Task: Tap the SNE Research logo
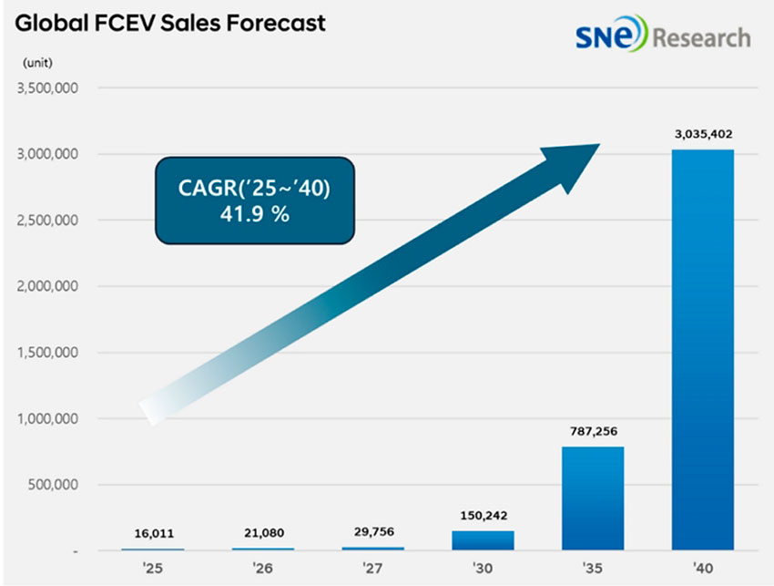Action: (662, 37)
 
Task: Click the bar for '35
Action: (593, 499)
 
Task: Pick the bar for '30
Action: (483, 540)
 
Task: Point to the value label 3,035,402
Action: (703, 134)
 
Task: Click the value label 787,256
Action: (593, 431)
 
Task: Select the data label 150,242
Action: (483, 516)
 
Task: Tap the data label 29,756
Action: (372, 532)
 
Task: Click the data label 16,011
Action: (152, 534)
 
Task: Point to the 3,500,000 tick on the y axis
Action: (45, 88)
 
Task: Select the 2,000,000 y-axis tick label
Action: (45, 287)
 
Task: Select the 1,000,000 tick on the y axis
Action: (45, 419)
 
